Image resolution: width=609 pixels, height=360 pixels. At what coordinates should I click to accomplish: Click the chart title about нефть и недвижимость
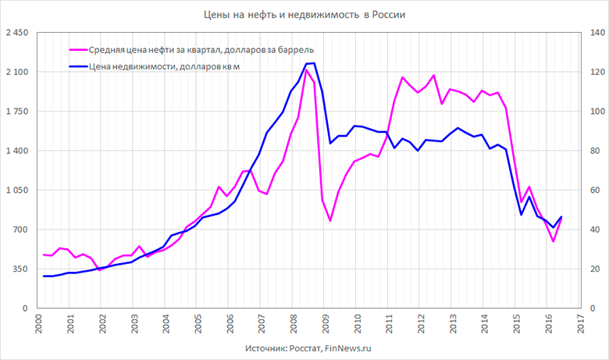point(304,15)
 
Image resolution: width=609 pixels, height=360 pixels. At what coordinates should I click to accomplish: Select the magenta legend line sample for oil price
point(77,50)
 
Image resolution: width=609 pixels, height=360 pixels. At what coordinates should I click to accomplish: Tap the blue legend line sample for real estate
point(77,66)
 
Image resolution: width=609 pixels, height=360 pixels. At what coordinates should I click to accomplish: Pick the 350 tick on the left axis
point(19,269)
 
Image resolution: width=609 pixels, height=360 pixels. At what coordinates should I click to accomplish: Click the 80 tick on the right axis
point(592,151)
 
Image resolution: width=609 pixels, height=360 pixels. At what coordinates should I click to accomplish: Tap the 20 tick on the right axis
point(592,269)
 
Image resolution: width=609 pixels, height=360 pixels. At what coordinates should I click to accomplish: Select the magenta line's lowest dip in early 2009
point(330,221)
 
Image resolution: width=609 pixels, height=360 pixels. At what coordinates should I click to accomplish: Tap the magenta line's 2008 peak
point(306,70)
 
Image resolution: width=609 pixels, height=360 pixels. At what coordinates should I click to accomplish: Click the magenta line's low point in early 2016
point(554,241)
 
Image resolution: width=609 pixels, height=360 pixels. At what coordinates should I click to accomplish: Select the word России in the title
point(390,15)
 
